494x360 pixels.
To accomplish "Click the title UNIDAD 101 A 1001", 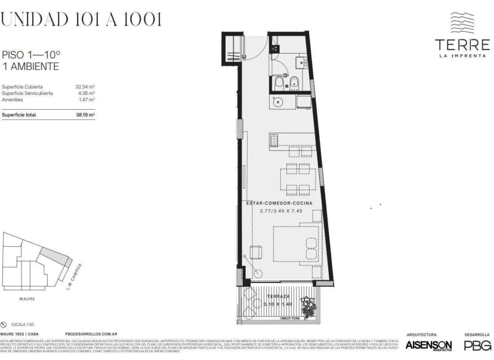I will [81, 19].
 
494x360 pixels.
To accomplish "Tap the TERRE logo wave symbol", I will [462, 23].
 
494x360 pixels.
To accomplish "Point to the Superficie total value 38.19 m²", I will [85, 115].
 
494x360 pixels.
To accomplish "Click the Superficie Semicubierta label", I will [27, 93].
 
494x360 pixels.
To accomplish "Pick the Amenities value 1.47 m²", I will [87, 100].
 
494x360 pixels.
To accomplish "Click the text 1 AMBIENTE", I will [30, 67].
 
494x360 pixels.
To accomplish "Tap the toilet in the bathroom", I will [279, 83].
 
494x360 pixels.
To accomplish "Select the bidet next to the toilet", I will [294, 82].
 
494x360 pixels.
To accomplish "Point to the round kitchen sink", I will [277, 102].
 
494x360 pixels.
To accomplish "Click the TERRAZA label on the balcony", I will [278, 296].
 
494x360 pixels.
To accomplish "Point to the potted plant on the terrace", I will [308, 306].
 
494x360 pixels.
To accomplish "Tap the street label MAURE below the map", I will [27, 298].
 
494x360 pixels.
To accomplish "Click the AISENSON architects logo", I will [428, 345].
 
